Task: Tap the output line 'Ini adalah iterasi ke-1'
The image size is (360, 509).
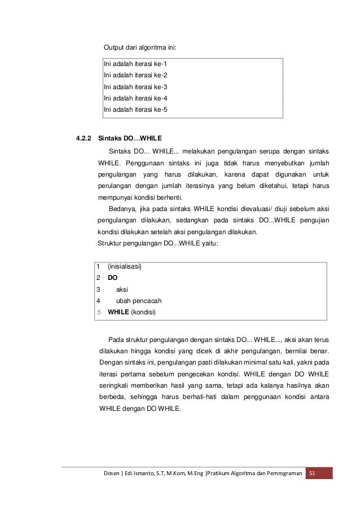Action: (135, 64)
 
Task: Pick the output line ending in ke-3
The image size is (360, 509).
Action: (135, 87)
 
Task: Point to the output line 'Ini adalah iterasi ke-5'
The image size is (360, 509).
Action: (135, 109)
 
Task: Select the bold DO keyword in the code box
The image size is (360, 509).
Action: (112, 278)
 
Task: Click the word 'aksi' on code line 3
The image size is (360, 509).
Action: (121, 289)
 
